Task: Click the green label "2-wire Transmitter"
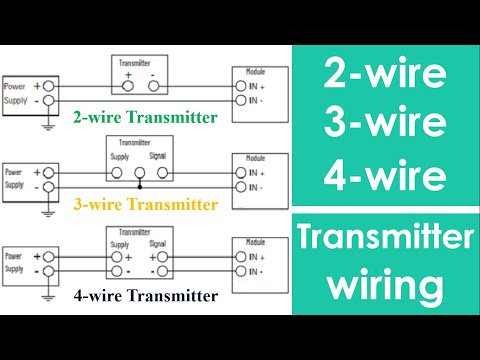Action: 144,118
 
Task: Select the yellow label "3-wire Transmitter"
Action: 144,206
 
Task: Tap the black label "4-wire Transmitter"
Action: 144,295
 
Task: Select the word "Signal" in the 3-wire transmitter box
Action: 158,155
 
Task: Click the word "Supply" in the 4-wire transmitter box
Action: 119,244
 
